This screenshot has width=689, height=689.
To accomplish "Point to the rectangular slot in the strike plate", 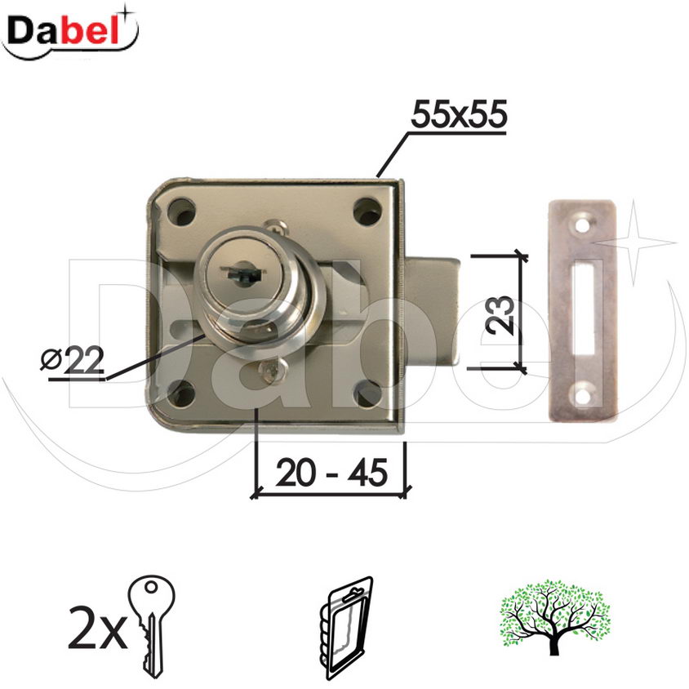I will [x=585, y=309].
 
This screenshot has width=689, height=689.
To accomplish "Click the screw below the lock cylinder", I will [x=269, y=371].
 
